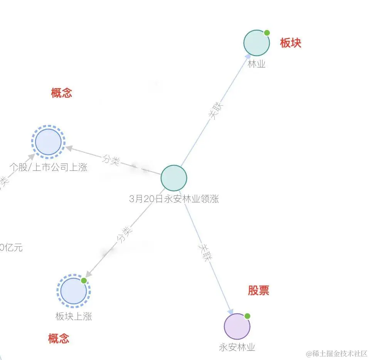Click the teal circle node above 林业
(256, 43)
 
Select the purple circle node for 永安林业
(237, 326)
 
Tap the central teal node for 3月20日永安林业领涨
(174, 178)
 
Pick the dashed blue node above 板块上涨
(74, 291)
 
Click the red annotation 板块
(291, 43)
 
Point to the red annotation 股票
(258, 290)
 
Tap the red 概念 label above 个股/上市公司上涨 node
(62, 93)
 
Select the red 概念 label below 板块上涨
(59, 339)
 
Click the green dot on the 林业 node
(267, 33)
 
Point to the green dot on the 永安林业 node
(247, 316)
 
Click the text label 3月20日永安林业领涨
(174, 199)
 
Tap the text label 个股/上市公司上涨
(49, 167)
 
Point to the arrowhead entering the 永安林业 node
(231, 311)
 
